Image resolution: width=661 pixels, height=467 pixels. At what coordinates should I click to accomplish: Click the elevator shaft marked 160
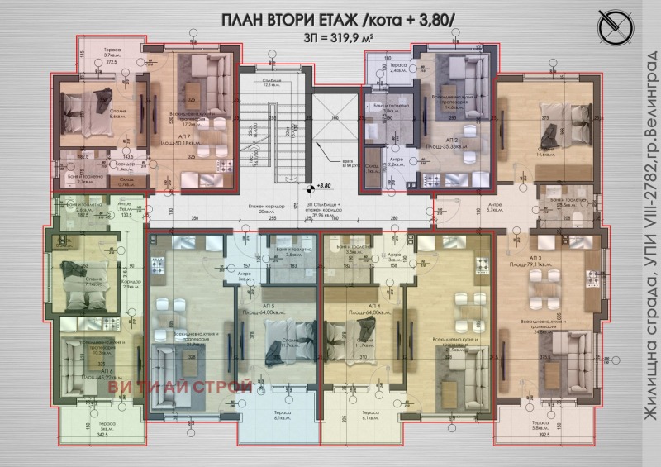(x=335, y=149)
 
